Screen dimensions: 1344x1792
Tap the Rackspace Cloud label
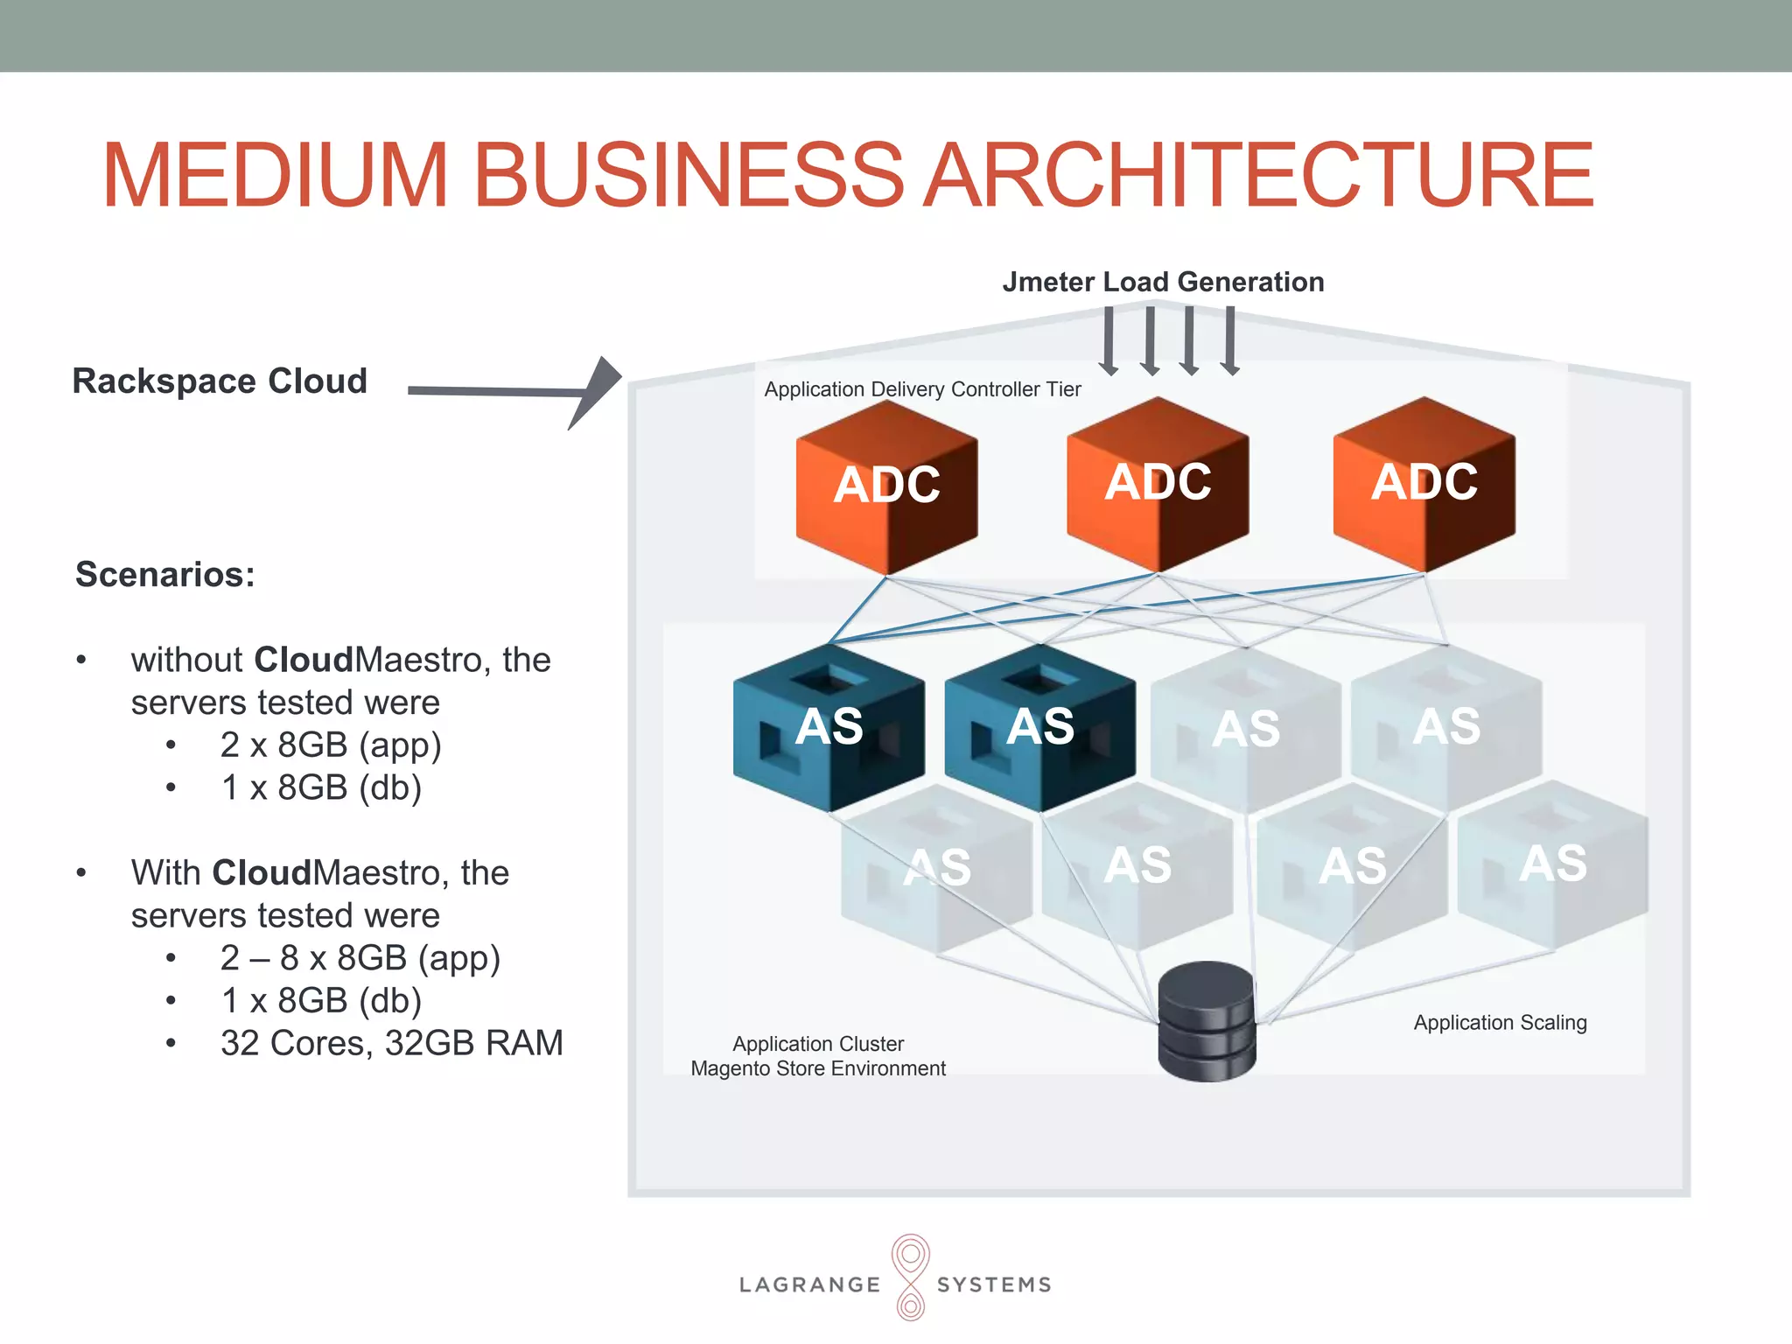[x=220, y=381]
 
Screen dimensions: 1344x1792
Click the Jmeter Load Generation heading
[x=1162, y=282]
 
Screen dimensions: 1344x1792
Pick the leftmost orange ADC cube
[x=886, y=486]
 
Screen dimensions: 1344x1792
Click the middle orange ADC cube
[x=1157, y=483]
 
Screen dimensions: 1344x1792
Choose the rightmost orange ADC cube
[x=1424, y=483]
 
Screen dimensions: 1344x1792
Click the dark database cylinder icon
[x=1207, y=1021]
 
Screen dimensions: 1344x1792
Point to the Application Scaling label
[x=1500, y=1022]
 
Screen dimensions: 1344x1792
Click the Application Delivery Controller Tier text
[x=922, y=389]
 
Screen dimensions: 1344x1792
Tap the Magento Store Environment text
[x=817, y=1068]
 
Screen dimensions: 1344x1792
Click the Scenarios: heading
[x=165, y=575]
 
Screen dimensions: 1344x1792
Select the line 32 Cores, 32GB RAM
[x=391, y=1043]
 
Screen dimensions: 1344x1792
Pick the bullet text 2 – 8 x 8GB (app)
[x=360, y=958]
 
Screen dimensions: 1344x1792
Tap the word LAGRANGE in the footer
[x=809, y=1284]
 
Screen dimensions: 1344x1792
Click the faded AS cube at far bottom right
[x=1552, y=864]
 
